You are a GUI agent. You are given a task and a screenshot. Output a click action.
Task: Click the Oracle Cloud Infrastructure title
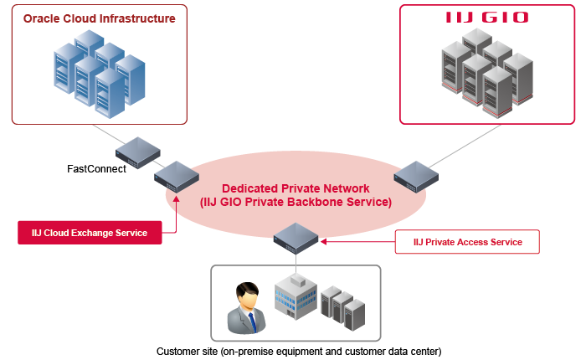coord(100,18)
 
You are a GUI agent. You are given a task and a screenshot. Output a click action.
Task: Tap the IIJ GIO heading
coord(486,17)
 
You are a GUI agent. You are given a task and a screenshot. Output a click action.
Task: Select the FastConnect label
coord(96,169)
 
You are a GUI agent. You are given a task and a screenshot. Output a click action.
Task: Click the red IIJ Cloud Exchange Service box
coord(89,233)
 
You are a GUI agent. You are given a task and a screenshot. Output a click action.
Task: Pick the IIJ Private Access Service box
coord(467,242)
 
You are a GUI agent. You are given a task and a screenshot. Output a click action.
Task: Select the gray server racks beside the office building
coord(343,306)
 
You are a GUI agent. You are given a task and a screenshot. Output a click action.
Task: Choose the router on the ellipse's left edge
coord(176,176)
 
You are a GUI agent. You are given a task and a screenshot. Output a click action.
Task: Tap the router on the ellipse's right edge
coord(416,176)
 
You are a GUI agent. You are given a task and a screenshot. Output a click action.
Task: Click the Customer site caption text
coord(298,350)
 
